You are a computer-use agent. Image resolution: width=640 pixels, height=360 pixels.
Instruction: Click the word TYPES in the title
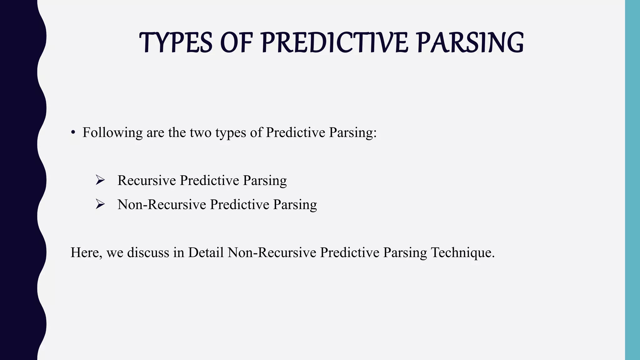(176, 43)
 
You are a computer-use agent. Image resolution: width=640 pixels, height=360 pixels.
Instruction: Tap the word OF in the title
(236, 43)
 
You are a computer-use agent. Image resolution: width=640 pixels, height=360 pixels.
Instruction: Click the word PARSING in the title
(470, 43)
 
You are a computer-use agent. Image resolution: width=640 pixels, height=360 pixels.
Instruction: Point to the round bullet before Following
(73, 133)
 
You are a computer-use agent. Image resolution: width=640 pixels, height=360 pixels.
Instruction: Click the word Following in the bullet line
(112, 133)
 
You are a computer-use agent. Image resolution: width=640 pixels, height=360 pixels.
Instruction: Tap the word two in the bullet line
(201, 133)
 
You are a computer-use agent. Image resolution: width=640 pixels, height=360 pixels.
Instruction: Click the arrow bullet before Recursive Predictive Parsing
(100, 180)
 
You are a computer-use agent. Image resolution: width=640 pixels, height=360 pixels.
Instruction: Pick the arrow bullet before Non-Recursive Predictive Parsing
(100, 204)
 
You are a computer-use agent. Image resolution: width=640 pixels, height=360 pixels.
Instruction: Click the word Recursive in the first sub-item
(147, 181)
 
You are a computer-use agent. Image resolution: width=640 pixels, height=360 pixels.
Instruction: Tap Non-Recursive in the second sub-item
(162, 205)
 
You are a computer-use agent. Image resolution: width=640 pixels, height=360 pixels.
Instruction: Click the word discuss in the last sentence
(148, 252)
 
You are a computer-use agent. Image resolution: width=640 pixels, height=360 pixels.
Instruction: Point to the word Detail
(206, 252)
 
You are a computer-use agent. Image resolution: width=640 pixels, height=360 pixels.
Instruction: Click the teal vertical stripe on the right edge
(632, 180)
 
